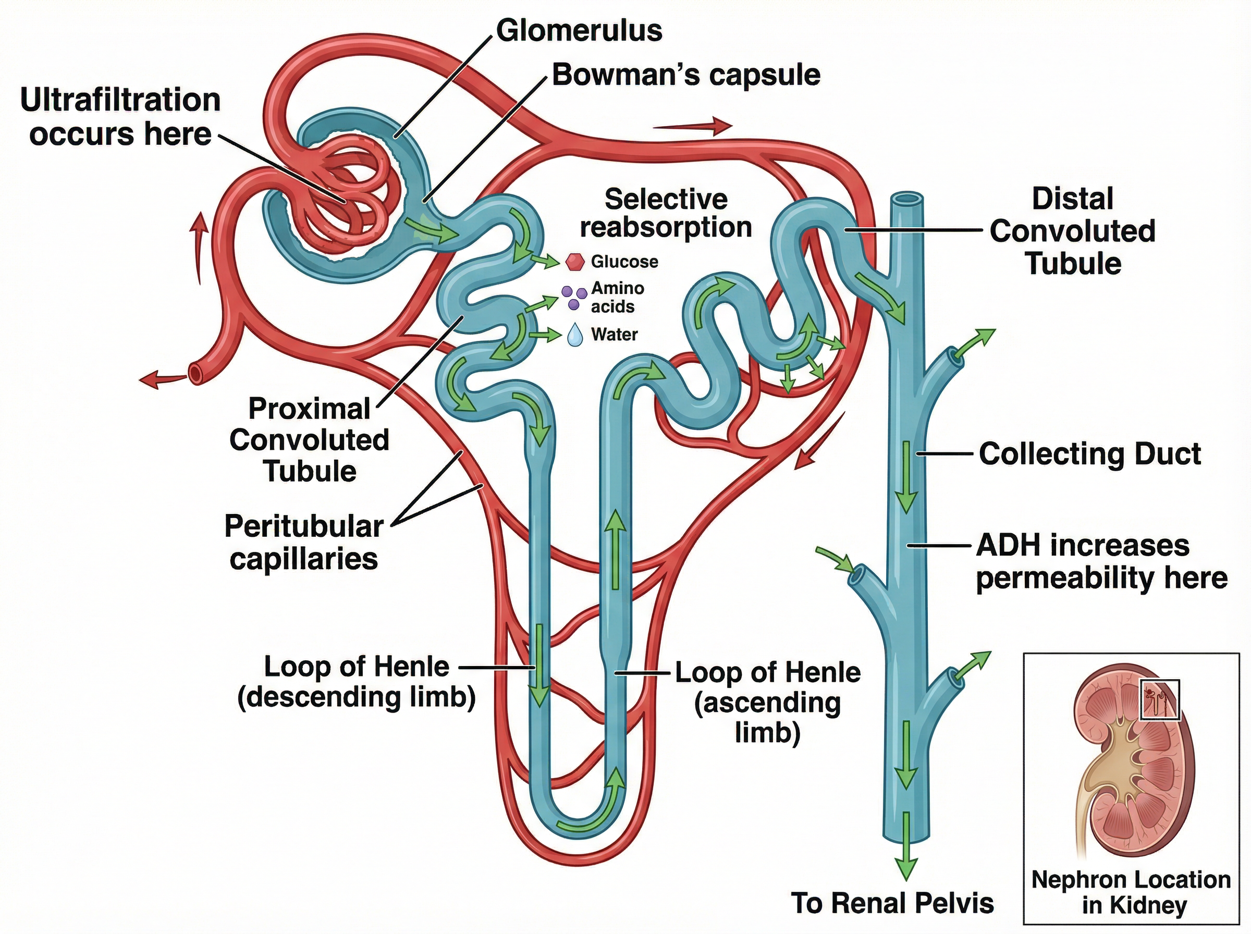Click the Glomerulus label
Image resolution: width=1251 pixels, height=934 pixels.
pyautogui.click(x=579, y=31)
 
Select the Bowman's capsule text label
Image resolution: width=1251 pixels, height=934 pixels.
pyautogui.click(x=685, y=75)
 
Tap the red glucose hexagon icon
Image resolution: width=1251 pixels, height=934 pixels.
pyautogui.click(x=574, y=262)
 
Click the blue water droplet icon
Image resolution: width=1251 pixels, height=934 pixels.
pyautogui.click(x=574, y=335)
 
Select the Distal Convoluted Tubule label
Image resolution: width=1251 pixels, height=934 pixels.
pyautogui.click(x=1072, y=231)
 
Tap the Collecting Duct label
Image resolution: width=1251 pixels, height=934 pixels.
pyautogui.click(x=1089, y=454)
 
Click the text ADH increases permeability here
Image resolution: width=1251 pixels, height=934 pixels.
pyautogui.click(x=1101, y=562)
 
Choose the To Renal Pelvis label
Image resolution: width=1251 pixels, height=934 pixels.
pyautogui.click(x=891, y=903)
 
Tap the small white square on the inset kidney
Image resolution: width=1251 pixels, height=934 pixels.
pyautogui.click(x=1159, y=700)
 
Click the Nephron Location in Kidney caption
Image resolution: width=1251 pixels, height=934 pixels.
pyautogui.click(x=1131, y=892)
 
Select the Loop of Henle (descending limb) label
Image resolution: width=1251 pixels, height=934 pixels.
pyautogui.click(x=356, y=682)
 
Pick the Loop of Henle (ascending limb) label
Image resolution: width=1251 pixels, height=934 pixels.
pyautogui.click(x=768, y=702)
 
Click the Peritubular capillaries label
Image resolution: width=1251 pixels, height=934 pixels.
pyautogui.click(x=303, y=543)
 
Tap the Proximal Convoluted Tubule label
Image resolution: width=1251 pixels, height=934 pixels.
pyautogui.click(x=309, y=440)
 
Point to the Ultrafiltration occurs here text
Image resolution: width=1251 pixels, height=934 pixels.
pyautogui.click(x=120, y=117)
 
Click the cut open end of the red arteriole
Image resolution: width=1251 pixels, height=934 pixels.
pyautogui.click(x=195, y=374)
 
